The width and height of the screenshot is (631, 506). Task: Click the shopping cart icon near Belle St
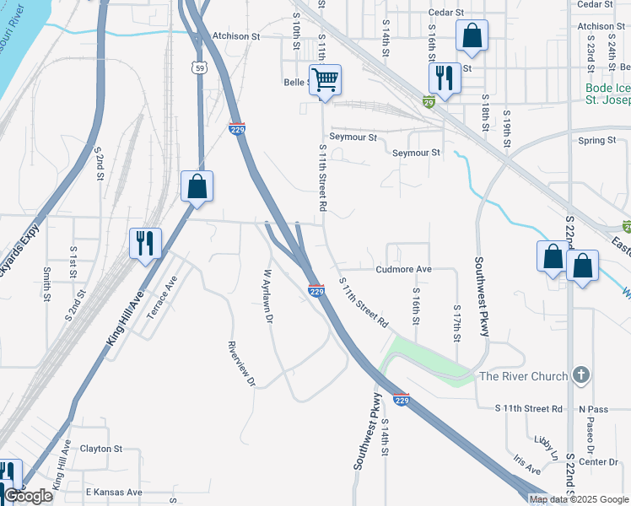tap(325, 81)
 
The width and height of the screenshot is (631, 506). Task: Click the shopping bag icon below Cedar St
tap(472, 36)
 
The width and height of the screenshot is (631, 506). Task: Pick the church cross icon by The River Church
tap(580, 375)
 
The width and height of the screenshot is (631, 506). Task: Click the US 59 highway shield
tap(198, 67)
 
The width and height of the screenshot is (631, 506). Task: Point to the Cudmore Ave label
tap(403, 270)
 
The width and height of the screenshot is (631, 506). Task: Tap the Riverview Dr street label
tap(241, 363)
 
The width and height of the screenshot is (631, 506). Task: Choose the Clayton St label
tap(101, 449)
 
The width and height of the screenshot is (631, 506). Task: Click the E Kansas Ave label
tap(114, 493)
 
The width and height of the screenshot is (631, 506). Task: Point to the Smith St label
tap(46, 284)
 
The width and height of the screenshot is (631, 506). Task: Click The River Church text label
tap(523, 376)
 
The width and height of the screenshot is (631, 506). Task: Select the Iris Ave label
tap(527, 466)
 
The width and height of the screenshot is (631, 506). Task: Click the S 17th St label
tap(456, 324)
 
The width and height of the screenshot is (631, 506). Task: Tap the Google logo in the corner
tap(28, 496)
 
